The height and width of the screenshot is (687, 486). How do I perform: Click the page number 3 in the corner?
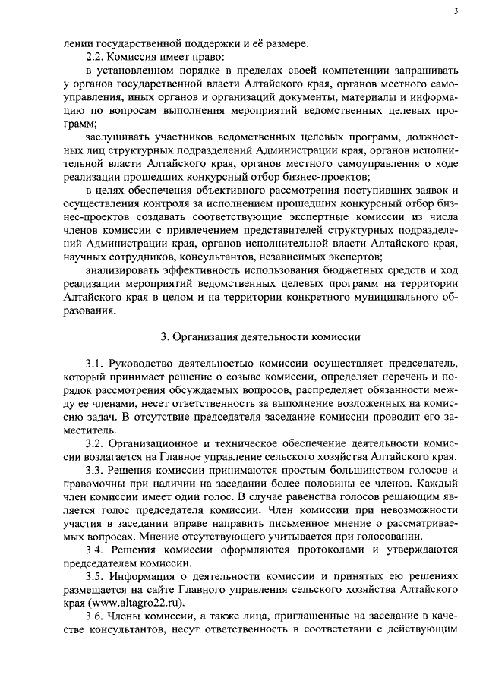(x=454, y=11)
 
